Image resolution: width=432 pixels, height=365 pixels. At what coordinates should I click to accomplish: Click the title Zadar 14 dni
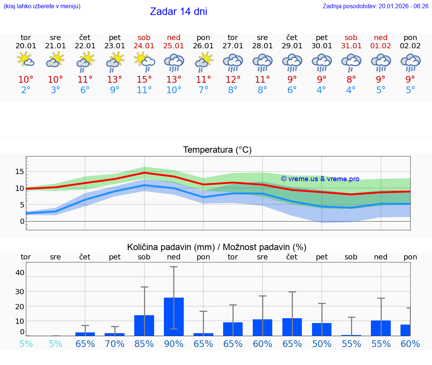pyautogui.click(x=178, y=12)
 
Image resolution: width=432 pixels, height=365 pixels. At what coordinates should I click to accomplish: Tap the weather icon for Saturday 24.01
pyautogui.click(x=144, y=61)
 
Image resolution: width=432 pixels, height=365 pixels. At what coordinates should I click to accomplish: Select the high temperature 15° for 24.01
pyautogui.click(x=144, y=80)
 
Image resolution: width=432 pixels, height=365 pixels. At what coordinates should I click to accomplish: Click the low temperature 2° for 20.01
pyautogui.click(x=26, y=90)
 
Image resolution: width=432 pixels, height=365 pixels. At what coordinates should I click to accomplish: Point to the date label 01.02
pyautogui.click(x=381, y=46)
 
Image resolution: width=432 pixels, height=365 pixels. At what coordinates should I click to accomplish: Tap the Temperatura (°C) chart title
pyautogui.click(x=217, y=150)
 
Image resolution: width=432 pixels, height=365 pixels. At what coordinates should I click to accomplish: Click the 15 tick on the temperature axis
pyautogui.click(x=19, y=171)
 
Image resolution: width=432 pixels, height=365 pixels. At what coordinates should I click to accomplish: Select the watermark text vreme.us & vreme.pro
pyautogui.click(x=320, y=179)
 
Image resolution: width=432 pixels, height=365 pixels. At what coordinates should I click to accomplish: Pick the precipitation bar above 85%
pyautogui.click(x=144, y=325)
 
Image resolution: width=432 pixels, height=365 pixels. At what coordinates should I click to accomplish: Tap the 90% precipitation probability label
pyautogui.click(x=174, y=344)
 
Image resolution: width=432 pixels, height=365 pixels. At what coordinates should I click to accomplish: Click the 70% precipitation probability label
pyautogui.click(x=115, y=344)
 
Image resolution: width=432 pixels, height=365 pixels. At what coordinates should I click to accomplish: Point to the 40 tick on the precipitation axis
pyautogui.click(x=19, y=273)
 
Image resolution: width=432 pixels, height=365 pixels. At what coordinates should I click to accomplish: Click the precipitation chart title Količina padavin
pyautogui.click(x=217, y=247)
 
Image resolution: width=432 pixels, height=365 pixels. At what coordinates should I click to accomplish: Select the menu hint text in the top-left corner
pyautogui.click(x=42, y=6)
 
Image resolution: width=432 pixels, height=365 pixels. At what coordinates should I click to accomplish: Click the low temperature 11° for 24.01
pyautogui.click(x=144, y=90)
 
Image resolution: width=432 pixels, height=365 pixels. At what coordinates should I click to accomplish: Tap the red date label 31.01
pyautogui.click(x=351, y=46)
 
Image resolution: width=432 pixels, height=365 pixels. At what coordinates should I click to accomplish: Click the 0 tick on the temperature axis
pyautogui.click(x=22, y=221)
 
